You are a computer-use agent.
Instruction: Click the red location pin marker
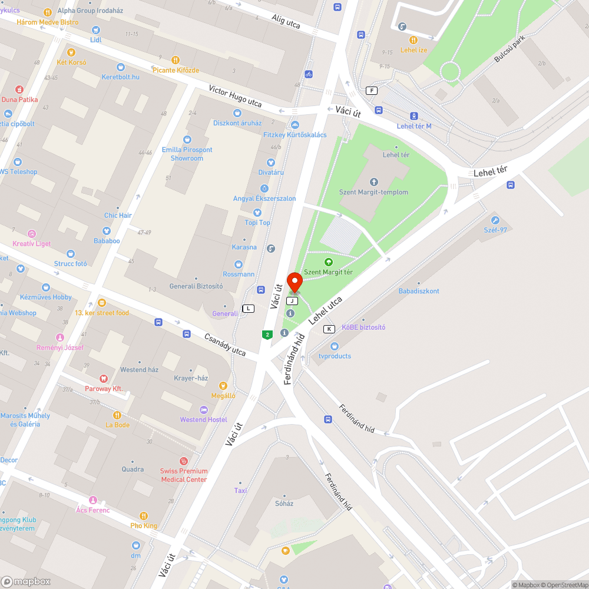pyautogui.click(x=294, y=282)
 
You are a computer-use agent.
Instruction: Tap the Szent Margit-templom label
pyautogui.click(x=373, y=192)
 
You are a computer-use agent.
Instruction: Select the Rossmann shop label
pyautogui.click(x=239, y=274)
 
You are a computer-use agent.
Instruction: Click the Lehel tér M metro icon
pyautogui.click(x=414, y=116)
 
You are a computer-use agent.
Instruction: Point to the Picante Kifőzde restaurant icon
pyautogui.click(x=175, y=60)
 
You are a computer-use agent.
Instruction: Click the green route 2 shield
pyautogui.click(x=267, y=335)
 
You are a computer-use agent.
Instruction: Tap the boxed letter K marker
pyautogui.click(x=329, y=329)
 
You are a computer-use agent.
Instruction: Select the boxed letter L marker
pyautogui.click(x=249, y=308)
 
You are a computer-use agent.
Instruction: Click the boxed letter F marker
pyautogui.click(x=371, y=90)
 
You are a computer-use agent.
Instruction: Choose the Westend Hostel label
pyautogui.click(x=204, y=419)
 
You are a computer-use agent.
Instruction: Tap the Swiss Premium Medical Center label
pyautogui.click(x=184, y=475)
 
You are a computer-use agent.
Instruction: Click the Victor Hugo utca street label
pyautogui.click(x=235, y=95)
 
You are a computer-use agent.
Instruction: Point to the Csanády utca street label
pyautogui.click(x=224, y=344)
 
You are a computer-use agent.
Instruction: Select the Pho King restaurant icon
pyautogui.click(x=144, y=516)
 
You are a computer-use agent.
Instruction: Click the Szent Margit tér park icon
pyautogui.click(x=329, y=262)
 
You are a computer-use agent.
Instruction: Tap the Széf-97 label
pyautogui.click(x=495, y=230)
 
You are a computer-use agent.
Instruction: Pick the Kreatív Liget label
pyautogui.click(x=32, y=243)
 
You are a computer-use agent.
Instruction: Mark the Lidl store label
pyautogui.click(x=95, y=40)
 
